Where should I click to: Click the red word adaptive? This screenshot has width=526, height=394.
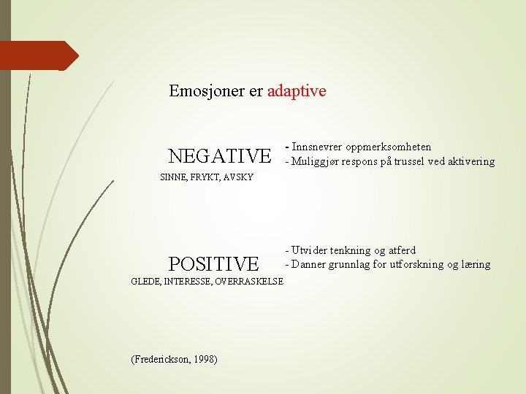pos(297,91)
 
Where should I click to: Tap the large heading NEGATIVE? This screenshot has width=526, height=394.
pos(219,156)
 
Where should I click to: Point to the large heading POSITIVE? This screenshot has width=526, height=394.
pos(213,263)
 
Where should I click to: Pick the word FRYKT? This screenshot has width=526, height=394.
pos(205,177)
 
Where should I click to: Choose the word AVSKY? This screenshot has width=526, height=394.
pos(239,177)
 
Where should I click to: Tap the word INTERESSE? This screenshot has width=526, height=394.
pos(186,281)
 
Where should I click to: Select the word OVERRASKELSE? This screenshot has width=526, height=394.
pos(248,281)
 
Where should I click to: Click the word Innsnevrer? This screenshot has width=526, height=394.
pos(316,147)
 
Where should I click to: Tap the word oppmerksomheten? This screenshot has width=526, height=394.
pos(387,147)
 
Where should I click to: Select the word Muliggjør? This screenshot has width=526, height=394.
pos(316,161)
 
